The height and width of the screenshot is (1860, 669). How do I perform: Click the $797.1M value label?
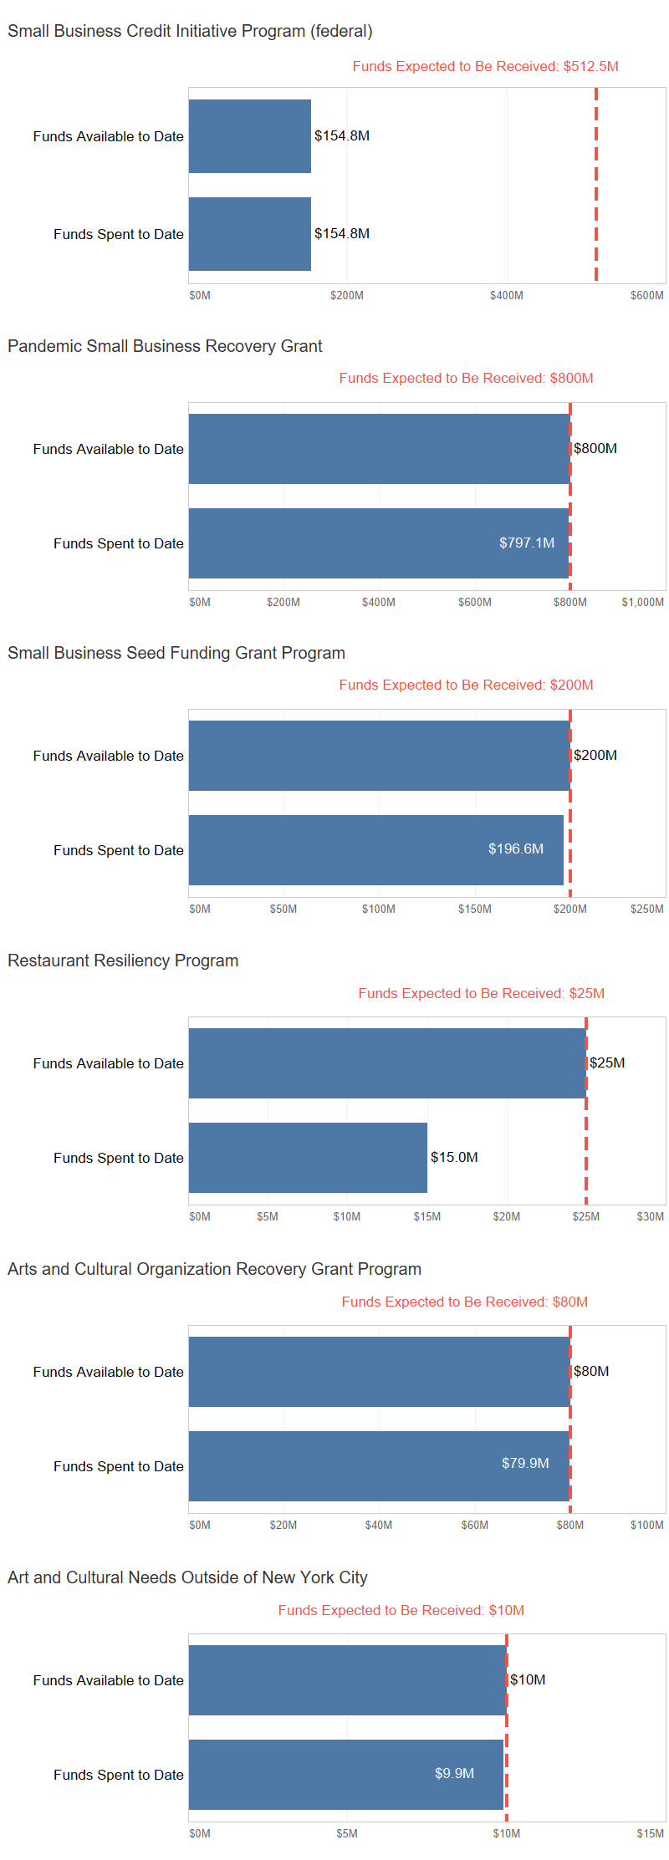(527, 543)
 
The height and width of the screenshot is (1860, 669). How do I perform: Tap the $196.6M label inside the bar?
(515, 848)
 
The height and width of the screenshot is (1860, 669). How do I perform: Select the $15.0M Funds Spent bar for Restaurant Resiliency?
(308, 1157)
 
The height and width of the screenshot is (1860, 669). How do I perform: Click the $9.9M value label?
(454, 1773)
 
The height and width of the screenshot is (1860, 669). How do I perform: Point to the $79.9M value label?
(525, 1463)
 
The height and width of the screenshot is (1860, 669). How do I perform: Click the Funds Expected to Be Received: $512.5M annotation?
(485, 66)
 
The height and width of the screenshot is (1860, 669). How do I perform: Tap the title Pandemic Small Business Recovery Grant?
(165, 346)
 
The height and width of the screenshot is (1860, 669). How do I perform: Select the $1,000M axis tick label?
(642, 602)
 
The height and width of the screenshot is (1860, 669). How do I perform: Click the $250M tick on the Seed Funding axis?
(646, 909)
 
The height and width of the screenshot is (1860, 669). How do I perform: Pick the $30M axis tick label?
(650, 1216)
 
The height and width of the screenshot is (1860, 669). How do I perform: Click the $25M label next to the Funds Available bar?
(607, 1062)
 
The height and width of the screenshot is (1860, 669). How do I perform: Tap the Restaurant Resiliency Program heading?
(123, 961)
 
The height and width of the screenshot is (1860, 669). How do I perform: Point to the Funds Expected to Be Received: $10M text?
(401, 1610)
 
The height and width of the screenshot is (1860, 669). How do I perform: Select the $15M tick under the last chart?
(650, 1833)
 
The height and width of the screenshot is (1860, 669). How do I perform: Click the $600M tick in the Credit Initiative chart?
(646, 295)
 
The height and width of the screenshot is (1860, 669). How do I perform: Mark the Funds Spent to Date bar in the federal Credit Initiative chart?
(249, 234)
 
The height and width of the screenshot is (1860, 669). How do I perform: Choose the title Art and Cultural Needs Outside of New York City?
(187, 1577)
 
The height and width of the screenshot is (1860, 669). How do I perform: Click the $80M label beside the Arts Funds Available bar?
(591, 1371)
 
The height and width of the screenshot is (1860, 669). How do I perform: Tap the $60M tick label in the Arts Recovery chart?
(474, 1525)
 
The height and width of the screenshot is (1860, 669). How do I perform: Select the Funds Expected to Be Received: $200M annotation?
(466, 685)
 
